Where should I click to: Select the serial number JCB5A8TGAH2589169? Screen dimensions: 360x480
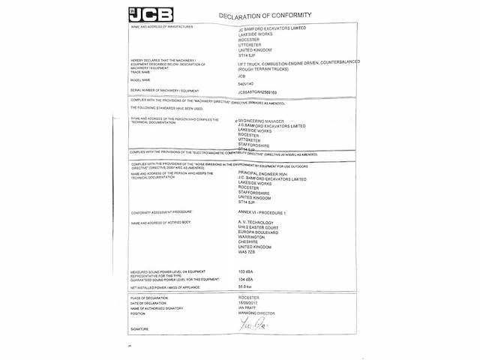click(261, 91)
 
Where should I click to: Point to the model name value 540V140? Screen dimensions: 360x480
click(247, 83)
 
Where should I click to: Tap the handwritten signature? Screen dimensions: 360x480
click(250, 324)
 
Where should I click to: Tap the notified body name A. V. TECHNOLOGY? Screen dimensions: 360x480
click(255, 223)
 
